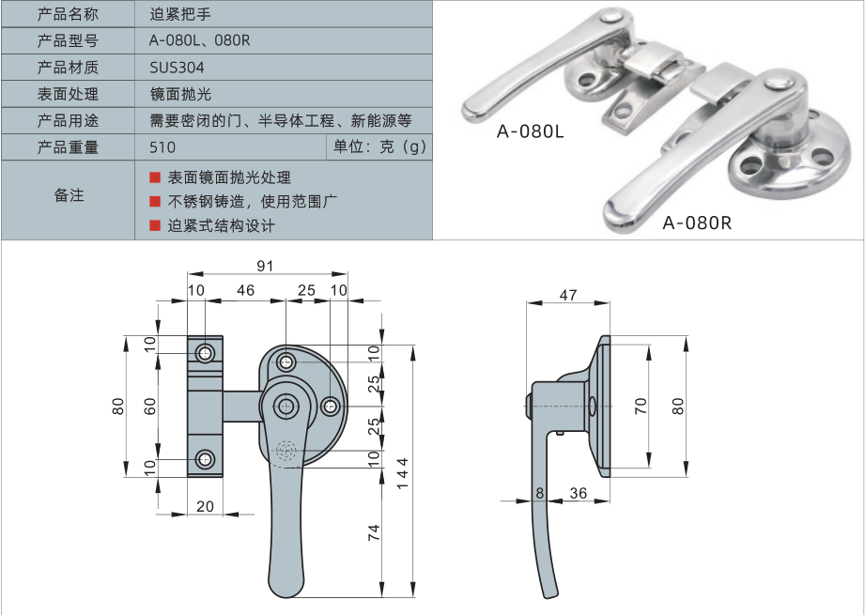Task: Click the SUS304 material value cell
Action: [x=177, y=68]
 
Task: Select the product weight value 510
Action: [x=162, y=146]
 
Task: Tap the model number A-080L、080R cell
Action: [x=200, y=40]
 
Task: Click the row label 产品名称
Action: [x=68, y=14]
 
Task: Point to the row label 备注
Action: [x=68, y=195]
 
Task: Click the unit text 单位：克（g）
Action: [x=379, y=146]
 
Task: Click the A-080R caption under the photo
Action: [x=696, y=223]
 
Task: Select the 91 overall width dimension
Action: [x=266, y=267]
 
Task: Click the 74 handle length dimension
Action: [x=373, y=532]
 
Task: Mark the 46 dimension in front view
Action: [x=245, y=291]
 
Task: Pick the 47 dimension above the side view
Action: [x=568, y=295]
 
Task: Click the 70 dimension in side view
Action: [x=641, y=406]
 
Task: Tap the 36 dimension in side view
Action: [x=578, y=492]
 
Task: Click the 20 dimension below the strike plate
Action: [x=205, y=506]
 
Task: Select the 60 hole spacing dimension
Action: [x=149, y=406]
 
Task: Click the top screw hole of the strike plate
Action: [x=205, y=353]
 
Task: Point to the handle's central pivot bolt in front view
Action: [x=286, y=406]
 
